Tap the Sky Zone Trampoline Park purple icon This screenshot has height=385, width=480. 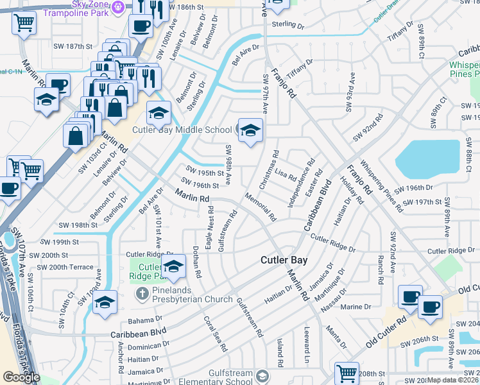click(x=117, y=7)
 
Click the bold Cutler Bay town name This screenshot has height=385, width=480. click(x=284, y=261)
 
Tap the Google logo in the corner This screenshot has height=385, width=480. click(x=21, y=377)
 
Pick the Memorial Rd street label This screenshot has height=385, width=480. click(x=260, y=209)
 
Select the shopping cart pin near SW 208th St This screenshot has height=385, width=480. click(x=347, y=372)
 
